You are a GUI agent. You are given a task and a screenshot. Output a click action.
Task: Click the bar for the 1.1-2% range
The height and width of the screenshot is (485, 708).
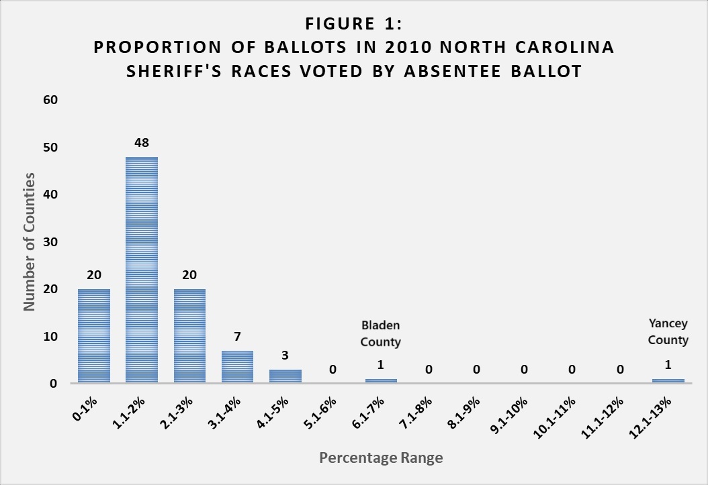pos(141,270)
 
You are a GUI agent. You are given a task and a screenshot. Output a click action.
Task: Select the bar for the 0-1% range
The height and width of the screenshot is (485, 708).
pos(93,335)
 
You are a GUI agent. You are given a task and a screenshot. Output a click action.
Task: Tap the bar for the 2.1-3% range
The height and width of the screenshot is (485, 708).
pos(189,335)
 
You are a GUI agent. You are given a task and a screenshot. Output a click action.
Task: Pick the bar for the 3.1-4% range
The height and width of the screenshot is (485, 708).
pos(237,366)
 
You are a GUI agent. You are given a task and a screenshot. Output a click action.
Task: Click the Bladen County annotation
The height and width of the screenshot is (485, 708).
pos(380,333)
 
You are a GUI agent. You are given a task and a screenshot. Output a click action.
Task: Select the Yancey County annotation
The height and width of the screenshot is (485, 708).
pos(668,331)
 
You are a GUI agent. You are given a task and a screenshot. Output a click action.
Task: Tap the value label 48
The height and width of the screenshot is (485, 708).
pos(141,143)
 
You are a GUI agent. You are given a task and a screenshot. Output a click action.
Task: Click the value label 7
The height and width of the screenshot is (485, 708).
pos(237,336)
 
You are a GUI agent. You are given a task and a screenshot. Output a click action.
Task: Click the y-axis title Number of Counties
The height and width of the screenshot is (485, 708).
pos(30,241)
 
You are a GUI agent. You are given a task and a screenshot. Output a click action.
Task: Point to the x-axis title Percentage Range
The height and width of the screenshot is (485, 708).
pos(381,458)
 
